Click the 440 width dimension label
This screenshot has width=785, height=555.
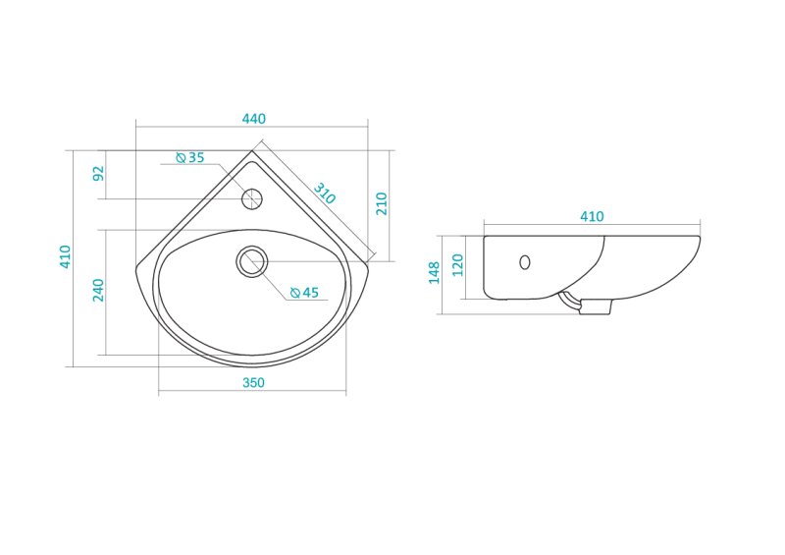click(x=254, y=119)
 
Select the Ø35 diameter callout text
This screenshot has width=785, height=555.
click(x=190, y=157)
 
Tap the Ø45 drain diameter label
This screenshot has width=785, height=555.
click(x=304, y=293)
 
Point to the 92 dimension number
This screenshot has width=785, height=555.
click(x=99, y=173)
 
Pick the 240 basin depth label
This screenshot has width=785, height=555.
click(x=98, y=291)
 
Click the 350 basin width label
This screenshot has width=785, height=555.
click(x=253, y=382)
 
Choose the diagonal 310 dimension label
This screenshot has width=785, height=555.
click(x=325, y=193)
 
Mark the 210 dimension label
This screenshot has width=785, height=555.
click(x=382, y=203)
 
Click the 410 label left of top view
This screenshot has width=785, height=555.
click(x=65, y=256)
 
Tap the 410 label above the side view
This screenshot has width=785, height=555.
click(x=592, y=216)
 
